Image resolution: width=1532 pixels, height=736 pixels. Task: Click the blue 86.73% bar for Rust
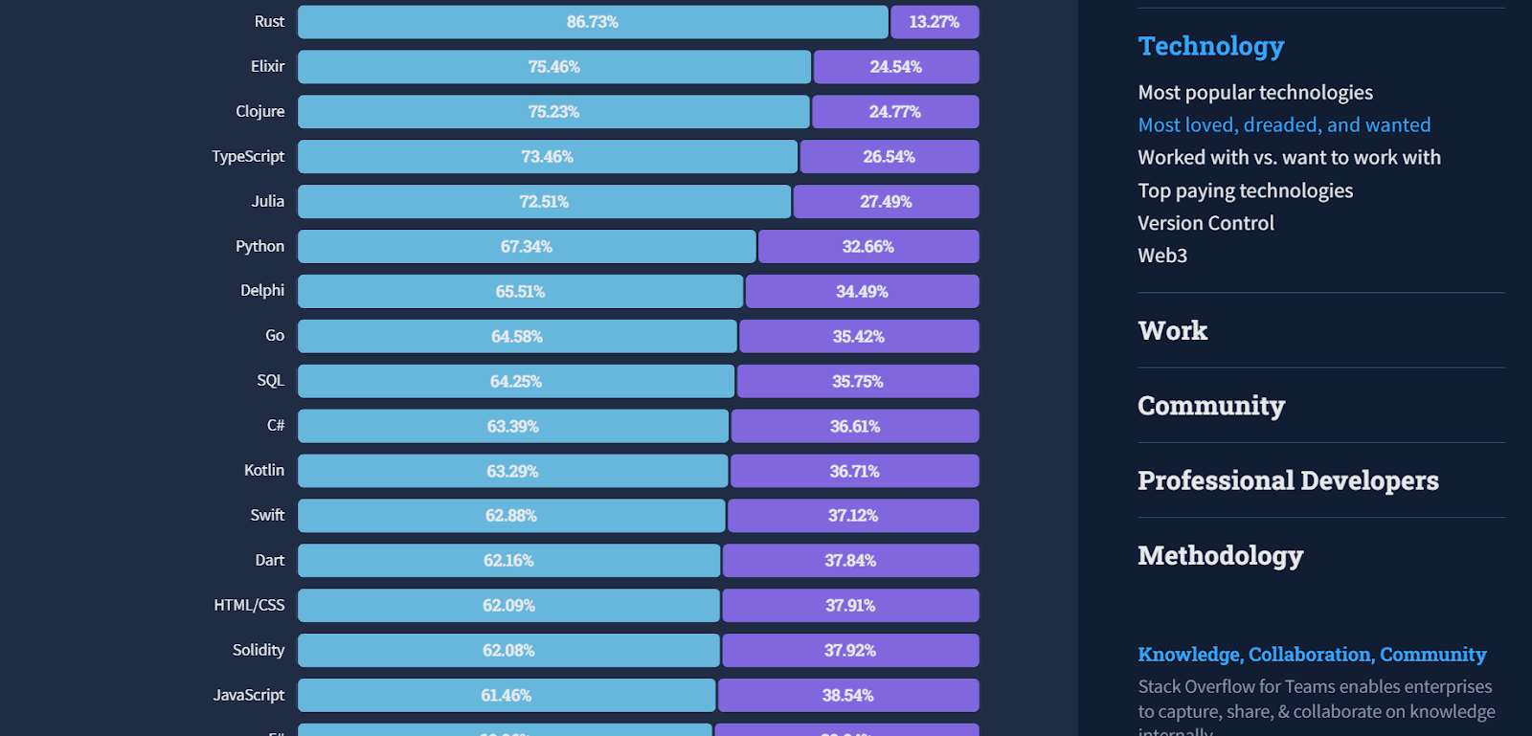(x=592, y=22)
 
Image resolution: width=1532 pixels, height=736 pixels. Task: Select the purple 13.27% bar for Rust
(x=934, y=22)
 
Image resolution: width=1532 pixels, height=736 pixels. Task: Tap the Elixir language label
(x=267, y=67)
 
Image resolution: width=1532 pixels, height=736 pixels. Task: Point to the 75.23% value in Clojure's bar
(x=553, y=112)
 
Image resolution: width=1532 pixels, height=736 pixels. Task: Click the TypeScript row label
(x=248, y=157)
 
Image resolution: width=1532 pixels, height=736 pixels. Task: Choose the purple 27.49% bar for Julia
(x=886, y=202)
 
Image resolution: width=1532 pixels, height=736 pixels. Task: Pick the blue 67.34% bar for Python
(x=526, y=247)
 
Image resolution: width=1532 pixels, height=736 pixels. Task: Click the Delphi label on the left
(x=262, y=291)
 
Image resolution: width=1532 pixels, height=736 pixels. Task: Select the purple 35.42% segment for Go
(x=858, y=337)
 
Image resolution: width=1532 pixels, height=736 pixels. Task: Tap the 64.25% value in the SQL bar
(x=515, y=382)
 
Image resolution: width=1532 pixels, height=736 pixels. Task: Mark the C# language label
(x=276, y=426)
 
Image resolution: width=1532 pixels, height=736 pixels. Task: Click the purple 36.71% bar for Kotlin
(x=854, y=471)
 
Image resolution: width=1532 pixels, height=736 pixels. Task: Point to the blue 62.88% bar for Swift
(x=510, y=516)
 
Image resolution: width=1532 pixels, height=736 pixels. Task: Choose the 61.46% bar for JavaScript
(x=506, y=696)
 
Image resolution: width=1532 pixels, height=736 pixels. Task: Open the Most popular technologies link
(x=1254, y=93)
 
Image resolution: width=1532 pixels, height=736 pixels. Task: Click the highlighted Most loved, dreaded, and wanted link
(x=1283, y=125)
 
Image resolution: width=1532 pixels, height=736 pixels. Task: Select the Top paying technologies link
(x=1245, y=190)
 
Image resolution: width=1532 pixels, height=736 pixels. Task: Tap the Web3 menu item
(x=1161, y=256)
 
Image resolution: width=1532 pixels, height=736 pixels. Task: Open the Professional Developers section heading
(x=1287, y=480)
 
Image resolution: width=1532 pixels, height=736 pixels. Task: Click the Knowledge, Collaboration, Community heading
(x=1311, y=655)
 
